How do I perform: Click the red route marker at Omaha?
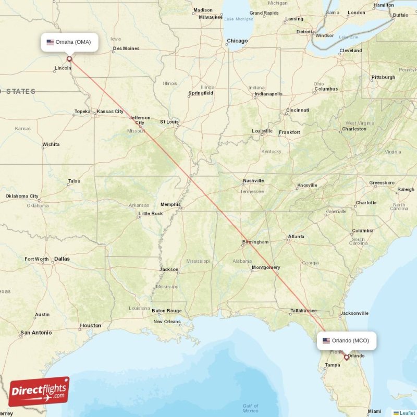pyautogui.click(x=69, y=59)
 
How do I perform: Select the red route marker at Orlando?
pyautogui.click(x=346, y=358)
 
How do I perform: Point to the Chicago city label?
pyautogui.click(x=237, y=41)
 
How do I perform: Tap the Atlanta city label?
pyautogui.click(x=296, y=237)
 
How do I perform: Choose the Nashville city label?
pyautogui.click(x=253, y=181)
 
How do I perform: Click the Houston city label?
pyautogui.click(x=90, y=325)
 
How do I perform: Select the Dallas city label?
pyautogui.click(x=62, y=259)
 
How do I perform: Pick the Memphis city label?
pyautogui.click(x=170, y=204)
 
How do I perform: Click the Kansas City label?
pyautogui.click(x=110, y=112)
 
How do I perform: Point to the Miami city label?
pyautogui.click(x=374, y=411)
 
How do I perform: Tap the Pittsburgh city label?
pyautogui.click(x=383, y=77)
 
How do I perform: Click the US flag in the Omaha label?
pyautogui.click(x=51, y=42)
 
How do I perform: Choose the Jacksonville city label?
pyautogui.click(x=354, y=313)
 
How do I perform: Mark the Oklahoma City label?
pyautogui.click(x=22, y=196)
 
